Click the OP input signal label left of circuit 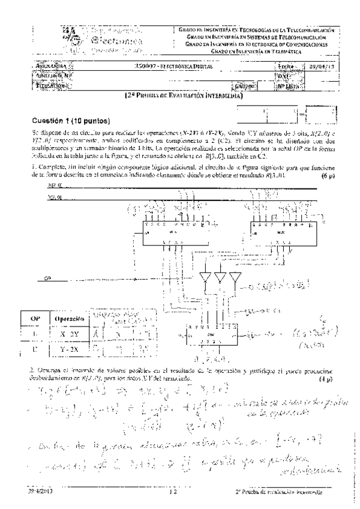49,279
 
